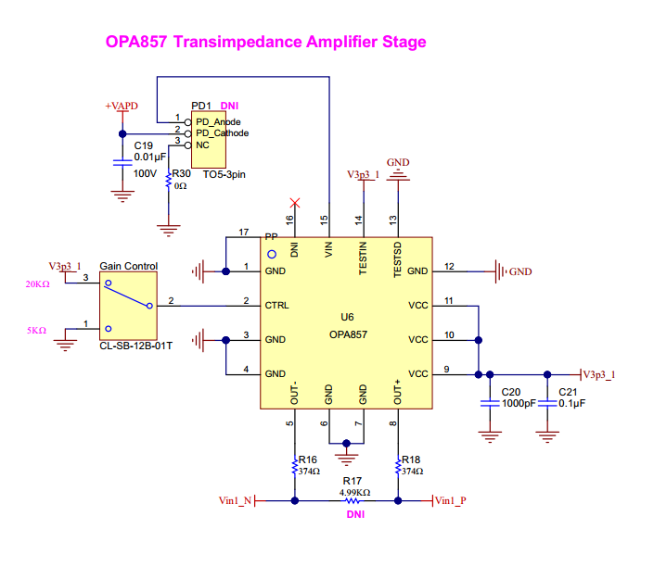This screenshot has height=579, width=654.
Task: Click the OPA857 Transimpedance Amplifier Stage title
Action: (x=265, y=42)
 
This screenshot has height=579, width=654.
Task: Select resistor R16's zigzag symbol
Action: (x=295, y=467)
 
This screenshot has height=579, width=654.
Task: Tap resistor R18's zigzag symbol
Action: (x=398, y=467)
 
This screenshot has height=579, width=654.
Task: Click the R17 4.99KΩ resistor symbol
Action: (x=353, y=500)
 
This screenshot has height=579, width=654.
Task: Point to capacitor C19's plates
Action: (x=122, y=162)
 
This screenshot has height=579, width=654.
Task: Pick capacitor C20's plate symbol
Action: (x=490, y=403)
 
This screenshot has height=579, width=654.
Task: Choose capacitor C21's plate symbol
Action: (x=547, y=403)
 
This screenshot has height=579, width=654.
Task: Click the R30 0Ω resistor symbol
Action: (x=169, y=180)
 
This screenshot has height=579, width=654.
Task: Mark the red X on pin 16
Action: (x=295, y=203)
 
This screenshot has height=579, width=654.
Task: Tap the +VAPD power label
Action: (x=122, y=106)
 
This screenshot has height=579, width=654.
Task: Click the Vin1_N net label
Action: (x=236, y=500)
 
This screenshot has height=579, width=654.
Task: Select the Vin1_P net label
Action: (x=451, y=500)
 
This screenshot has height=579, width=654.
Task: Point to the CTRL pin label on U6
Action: (x=277, y=306)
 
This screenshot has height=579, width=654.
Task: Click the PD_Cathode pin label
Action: (x=223, y=133)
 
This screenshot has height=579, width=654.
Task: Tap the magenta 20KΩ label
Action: (x=37, y=284)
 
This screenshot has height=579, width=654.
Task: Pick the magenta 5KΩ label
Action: (x=37, y=331)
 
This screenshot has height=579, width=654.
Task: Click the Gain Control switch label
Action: (x=128, y=266)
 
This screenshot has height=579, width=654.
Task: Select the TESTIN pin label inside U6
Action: (x=363, y=258)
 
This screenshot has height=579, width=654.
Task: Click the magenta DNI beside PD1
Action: (x=229, y=106)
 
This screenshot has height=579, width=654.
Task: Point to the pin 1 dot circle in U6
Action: (x=272, y=254)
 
